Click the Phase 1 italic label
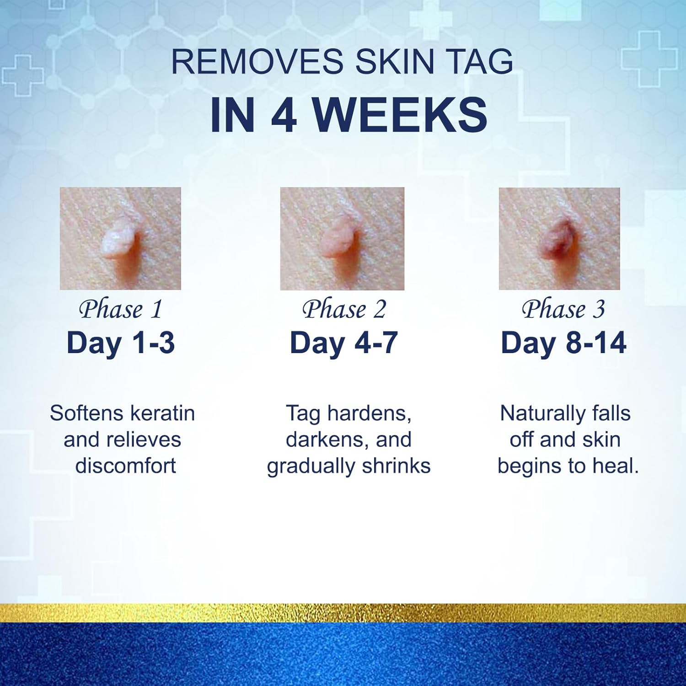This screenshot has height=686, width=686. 121,309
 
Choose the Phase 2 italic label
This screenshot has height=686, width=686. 344,309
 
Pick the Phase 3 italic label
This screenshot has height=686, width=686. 563,309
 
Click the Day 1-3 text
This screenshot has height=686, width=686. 121,343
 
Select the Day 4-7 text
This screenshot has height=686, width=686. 344,343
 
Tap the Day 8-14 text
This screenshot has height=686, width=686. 563,343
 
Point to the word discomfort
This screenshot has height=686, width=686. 125,466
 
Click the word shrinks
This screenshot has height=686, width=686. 396,466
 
